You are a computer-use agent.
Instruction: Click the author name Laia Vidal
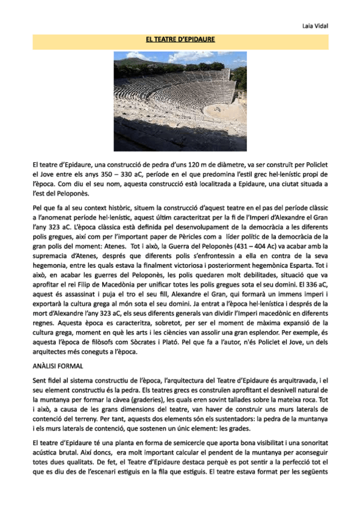(315, 26)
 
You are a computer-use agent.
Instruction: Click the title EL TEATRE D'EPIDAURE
(180, 40)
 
